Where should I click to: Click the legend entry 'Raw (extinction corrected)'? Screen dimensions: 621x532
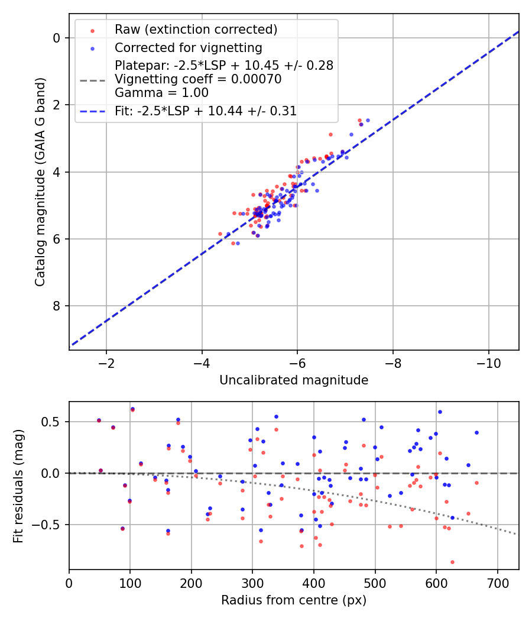[x=196, y=30]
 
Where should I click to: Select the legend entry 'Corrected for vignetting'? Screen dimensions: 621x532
[x=188, y=47]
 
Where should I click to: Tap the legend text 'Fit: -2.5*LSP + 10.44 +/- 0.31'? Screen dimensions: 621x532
[x=206, y=111]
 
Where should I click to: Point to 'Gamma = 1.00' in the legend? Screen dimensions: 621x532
[x=162, y=93]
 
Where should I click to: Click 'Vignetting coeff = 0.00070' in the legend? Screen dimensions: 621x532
[x=198, y=79]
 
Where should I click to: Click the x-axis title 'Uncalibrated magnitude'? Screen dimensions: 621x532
[x=294, y=380]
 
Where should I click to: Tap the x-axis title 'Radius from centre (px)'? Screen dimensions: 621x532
[x=294, y=600]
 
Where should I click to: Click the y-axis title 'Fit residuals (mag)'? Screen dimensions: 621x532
[x=19, y=486]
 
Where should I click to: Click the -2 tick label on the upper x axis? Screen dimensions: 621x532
[x=106, y=361]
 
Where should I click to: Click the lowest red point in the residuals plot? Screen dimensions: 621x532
[x=452, y=562]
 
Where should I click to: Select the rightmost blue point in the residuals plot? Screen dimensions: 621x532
[x=476, y=432]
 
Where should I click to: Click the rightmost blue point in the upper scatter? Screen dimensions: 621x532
[x=368, y=120]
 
